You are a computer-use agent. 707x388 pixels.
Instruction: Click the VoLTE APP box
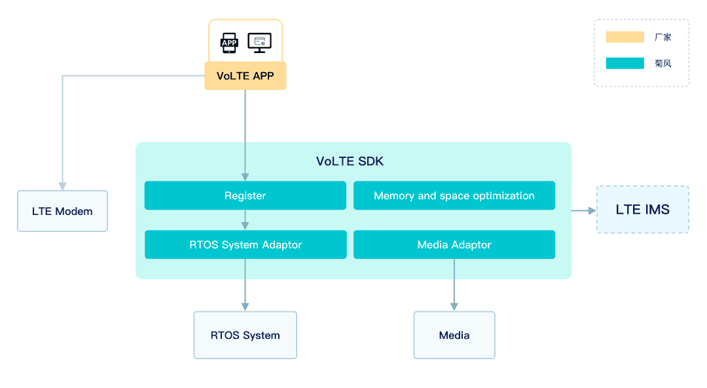(x=245, y=76)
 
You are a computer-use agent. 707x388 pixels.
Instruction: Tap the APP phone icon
(x=229, y=43)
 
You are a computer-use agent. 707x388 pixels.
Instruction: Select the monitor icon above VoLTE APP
(x=260, y=43)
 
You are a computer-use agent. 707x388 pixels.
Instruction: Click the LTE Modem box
(x=63, y=211)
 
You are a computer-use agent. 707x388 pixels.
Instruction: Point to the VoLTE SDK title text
(x=350, y=161)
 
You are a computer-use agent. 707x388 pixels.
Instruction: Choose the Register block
(x=245, y=195)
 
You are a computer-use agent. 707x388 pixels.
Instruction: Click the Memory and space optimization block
(x=454, y=195)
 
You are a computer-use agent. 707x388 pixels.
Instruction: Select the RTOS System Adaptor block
(x=245, y=244)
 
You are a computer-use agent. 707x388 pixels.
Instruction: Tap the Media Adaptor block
(x=454, y=244)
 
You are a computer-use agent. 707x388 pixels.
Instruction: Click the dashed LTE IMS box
(x=643, y=210)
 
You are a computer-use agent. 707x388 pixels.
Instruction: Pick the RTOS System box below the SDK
(x=245, y=335)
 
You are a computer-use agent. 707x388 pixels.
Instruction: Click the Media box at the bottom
(x=454, y=335)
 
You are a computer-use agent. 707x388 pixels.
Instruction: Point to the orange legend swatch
(x=625, y=37)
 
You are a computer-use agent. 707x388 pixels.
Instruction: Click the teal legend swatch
(x=625, y=63)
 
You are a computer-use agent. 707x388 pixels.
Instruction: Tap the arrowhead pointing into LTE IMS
(x=592, y=210)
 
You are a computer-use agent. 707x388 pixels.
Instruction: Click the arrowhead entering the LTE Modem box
(x=63, y=186)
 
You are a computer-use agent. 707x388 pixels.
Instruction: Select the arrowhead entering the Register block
(x=245, y=177)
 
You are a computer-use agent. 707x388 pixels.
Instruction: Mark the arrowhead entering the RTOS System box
(x=245, y=307)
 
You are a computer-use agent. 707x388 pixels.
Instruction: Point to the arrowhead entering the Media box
(x=454, y=307)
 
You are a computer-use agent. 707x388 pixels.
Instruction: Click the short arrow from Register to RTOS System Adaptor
(x=245, y=220)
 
